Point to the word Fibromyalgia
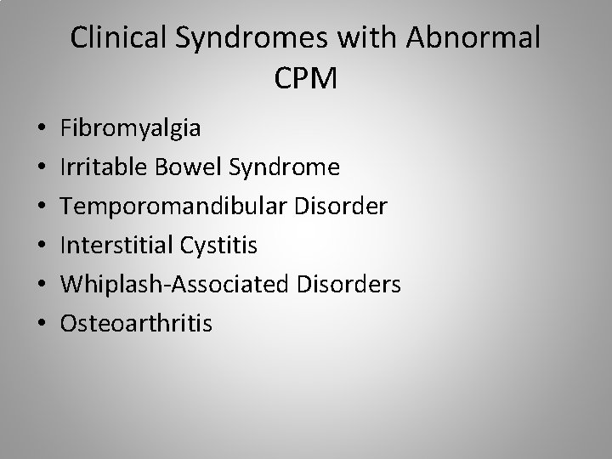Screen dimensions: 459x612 131,129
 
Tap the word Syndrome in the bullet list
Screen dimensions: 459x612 279,167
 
